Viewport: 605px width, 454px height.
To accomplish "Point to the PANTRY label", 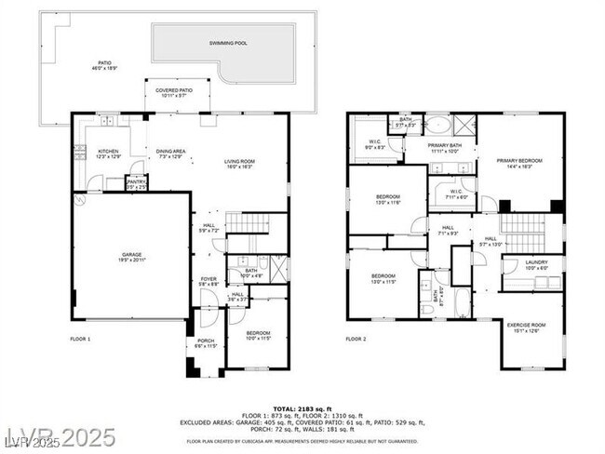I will (136, 182).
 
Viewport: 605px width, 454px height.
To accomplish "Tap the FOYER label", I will (209, 277).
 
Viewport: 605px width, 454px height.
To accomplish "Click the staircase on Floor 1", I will (247, 224).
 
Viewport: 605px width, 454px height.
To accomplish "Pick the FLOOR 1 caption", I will (80, 339).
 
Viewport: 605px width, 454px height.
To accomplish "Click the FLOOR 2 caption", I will (356, 339).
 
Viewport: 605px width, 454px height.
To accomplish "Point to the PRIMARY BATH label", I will (446, 146).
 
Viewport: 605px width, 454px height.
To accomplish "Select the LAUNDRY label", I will (535, 262).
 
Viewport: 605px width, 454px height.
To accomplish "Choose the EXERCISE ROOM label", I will (526, 325).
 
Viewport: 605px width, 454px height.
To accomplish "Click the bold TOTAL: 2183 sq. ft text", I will (302, 407).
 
